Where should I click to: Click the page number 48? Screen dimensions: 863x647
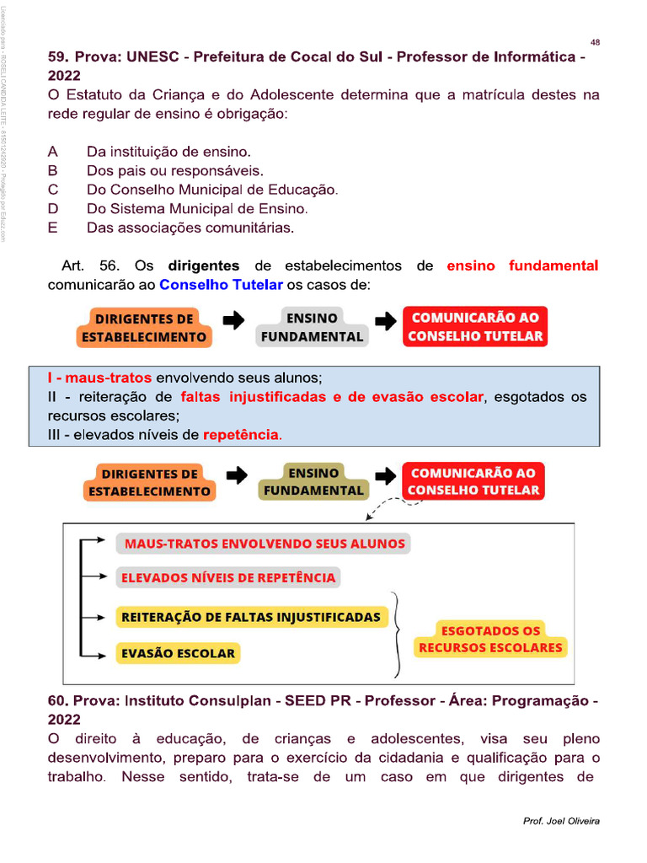[x=596, y=42]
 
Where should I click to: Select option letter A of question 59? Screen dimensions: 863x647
[x=53, y=153]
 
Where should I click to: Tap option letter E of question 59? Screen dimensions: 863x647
[x=53, y=228]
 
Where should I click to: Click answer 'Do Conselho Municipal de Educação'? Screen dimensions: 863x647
[x=211, y=190]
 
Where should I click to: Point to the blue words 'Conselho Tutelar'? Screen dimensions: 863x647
[x=221, y=285]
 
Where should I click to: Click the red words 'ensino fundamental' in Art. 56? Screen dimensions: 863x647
[x=522, y=266]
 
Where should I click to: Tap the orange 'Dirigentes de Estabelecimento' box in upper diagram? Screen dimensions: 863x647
[x=143, y=328]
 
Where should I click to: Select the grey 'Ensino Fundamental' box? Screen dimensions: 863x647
[x=312, y=327]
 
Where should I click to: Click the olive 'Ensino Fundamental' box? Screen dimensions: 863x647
[x=313, y=482]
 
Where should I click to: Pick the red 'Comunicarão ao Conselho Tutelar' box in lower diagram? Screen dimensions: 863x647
[x=473, y=482]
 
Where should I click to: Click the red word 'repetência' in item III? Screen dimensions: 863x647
[x=241, y=435]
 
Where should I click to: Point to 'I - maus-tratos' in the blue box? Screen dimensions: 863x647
[x=100, y=378]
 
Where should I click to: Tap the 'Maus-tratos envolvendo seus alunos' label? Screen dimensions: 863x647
[x=264, y=544]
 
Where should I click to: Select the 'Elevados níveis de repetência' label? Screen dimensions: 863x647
[x=228, y=577]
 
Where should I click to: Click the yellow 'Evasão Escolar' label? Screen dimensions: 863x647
[x=178, y=653]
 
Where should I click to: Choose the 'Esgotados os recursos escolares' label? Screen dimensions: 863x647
[x=490, y=640]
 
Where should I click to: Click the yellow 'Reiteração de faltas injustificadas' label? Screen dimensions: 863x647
[x=251, y=617]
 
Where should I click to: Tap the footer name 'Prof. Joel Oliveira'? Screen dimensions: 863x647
[x=561, y=821]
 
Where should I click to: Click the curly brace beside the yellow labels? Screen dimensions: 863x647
[x=400, y=634]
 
